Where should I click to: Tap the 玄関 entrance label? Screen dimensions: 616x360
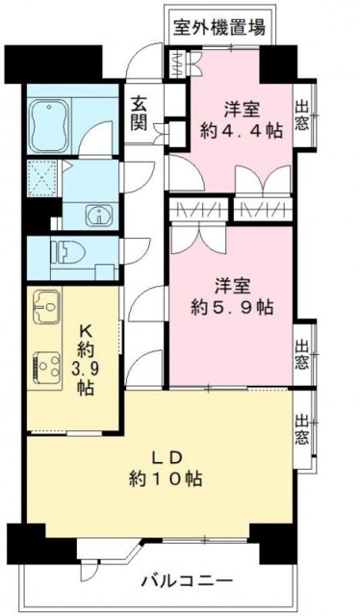139,114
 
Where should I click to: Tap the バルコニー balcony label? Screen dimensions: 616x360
186,579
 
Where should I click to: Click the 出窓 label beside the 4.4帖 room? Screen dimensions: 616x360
304,115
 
